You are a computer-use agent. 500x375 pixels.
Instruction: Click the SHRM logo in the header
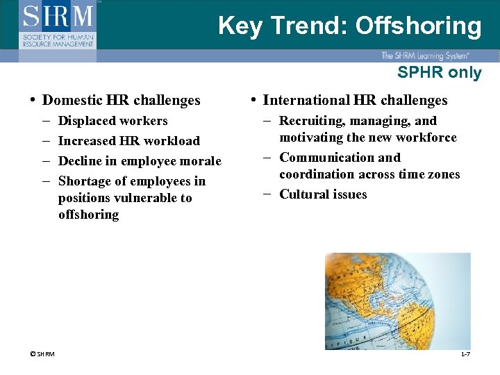point(58,24)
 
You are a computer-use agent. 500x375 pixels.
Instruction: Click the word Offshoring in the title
point(418,26)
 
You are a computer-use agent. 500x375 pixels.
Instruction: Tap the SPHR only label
point(439,72)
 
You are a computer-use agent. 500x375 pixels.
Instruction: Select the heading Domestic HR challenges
point(122,101)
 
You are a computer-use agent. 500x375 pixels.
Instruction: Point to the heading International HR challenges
point(356,101)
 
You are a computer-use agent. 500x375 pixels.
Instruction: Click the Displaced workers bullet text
point(113,121)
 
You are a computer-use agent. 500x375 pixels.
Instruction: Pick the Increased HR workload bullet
point(129,141)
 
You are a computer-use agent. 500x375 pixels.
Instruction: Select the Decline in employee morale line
point(140,161)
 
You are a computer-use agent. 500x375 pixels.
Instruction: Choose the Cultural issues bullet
point(323,194)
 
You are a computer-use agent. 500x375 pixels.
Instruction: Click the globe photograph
point(398,301)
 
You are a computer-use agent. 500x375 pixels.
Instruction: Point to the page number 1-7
point(465,355)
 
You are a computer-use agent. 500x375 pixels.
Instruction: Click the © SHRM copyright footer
point(42,355)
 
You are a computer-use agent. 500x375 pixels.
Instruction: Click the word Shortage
point(86,181)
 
